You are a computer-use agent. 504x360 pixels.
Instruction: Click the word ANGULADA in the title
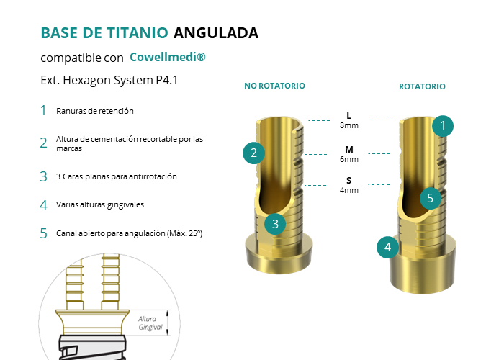click(216, 33)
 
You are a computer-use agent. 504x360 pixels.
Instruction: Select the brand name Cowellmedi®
click(168, 57)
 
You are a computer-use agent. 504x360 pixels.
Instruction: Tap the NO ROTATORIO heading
click(274, 86)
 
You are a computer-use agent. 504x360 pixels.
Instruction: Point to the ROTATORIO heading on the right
click(422, 86)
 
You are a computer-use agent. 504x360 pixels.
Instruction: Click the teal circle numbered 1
click(443, 126)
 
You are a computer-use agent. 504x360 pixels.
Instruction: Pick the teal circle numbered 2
click(253, 153)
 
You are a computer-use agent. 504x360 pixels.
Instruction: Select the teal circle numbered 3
click(275, 224)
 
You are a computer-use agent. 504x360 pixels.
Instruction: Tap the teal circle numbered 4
click(387, 247)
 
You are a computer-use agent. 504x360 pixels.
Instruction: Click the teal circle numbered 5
click(431, 198)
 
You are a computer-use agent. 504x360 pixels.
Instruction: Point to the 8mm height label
click(349, 125)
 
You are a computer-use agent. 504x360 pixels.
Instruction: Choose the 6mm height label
click(349, 159)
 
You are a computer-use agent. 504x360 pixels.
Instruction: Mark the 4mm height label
click(349, 190)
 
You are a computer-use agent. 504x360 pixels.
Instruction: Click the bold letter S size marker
click(348, 180)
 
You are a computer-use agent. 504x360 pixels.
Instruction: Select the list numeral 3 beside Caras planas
click(43, 176)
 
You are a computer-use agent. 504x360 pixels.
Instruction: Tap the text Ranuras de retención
click(95, 111)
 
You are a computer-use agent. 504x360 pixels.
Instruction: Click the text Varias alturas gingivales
click(100, 204)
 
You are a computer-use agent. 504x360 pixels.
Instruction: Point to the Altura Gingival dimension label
click(150, 323)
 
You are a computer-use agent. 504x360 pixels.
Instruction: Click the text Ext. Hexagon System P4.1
click(109, 80)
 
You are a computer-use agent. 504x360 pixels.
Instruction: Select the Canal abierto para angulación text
click(129, 233)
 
